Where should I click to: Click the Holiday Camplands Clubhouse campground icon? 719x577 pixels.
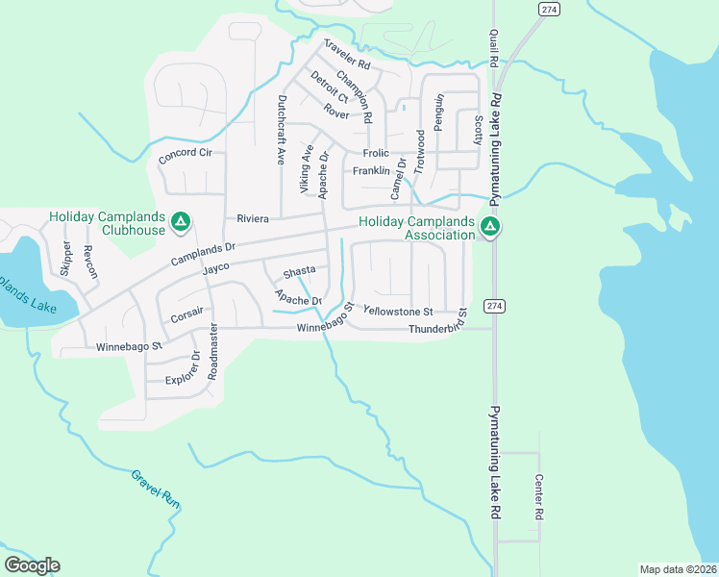[180, 224]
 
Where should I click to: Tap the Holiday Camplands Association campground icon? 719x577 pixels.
[490, 227]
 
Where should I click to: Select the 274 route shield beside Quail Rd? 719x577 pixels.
[548, 9]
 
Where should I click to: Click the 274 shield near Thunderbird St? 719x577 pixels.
[494, 305]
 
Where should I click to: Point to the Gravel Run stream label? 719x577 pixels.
[157, 489]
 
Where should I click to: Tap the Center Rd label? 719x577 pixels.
[539, 496]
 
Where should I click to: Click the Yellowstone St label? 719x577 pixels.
[399, 312]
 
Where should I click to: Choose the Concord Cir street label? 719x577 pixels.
[186, 153]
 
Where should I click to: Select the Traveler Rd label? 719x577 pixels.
[347, 54]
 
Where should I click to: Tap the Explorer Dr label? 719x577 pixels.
[183, 366]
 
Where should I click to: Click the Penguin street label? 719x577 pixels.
[439, 113]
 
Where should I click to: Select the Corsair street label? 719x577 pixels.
[187, 314]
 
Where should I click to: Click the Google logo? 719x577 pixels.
[32, 565]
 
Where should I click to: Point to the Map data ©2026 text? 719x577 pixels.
[679, 569]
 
